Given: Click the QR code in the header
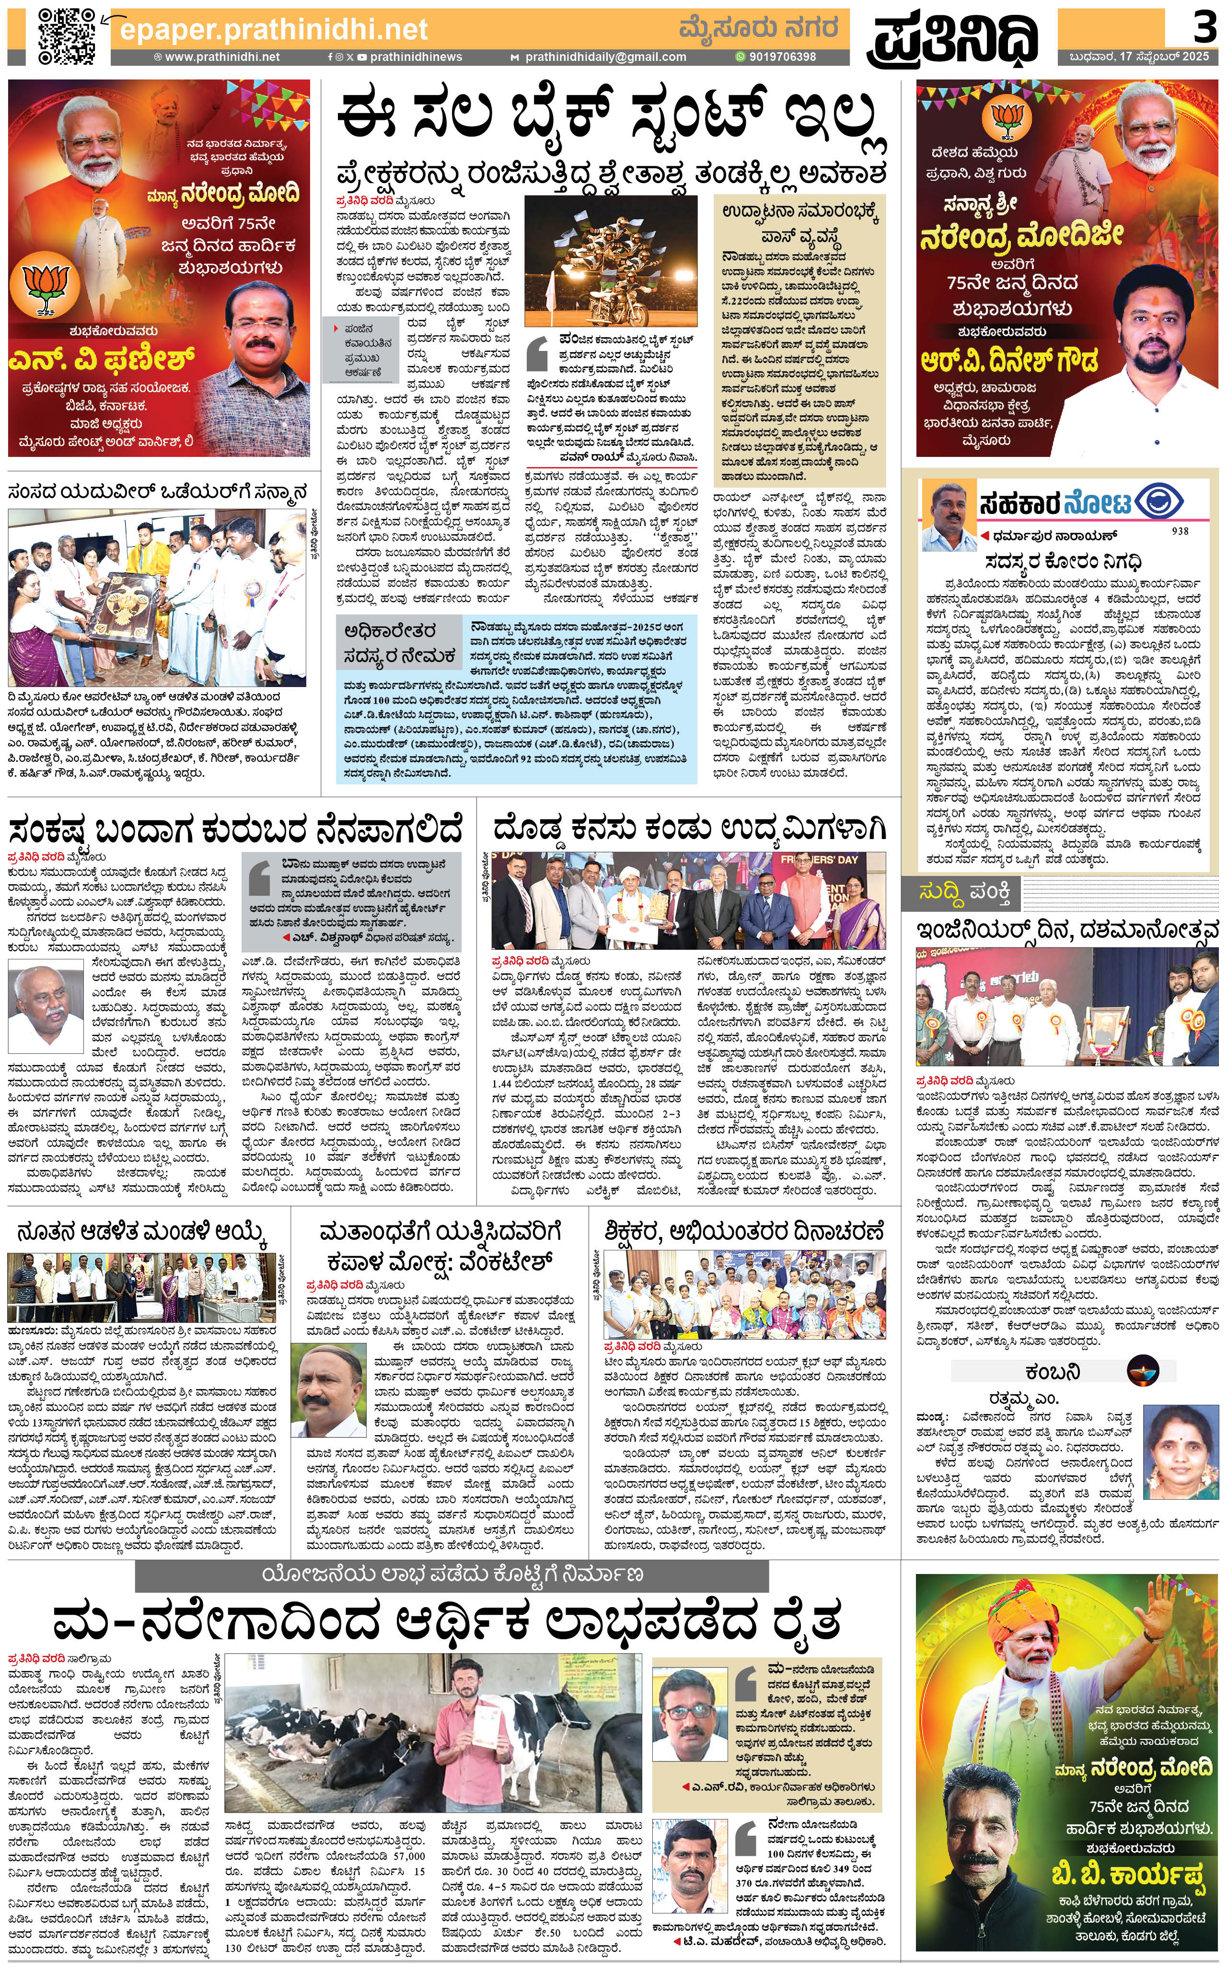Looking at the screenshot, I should (68, 36).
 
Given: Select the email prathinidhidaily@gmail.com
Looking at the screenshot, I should (604, 57).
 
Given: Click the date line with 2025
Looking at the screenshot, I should (1138, 57).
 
